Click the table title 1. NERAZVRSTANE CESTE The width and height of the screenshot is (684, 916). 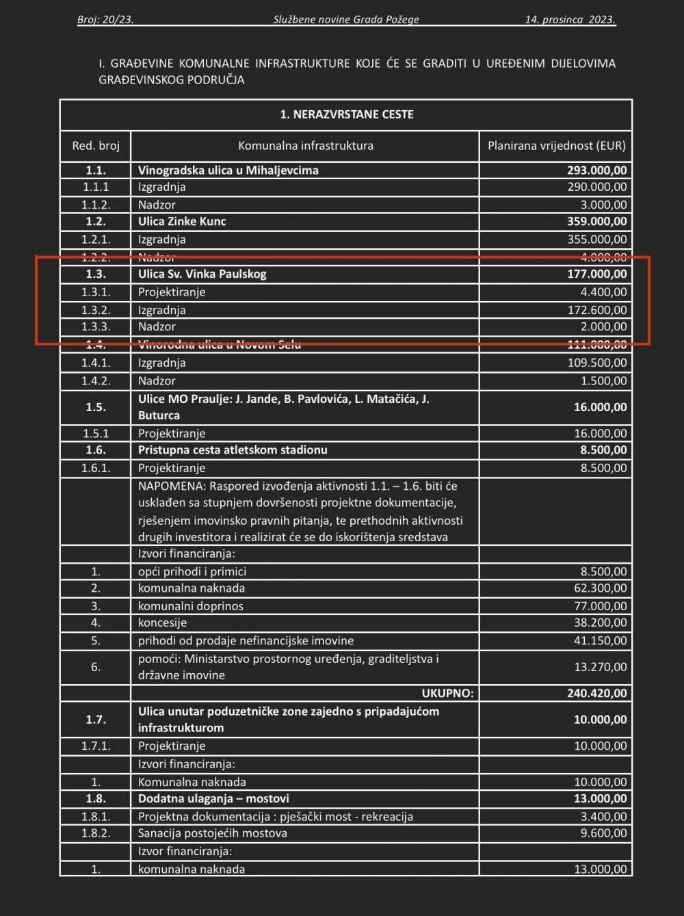tap(347, 114)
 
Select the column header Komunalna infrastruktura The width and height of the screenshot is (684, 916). tap(305, 146)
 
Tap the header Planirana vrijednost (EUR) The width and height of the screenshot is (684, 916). tap(556, 146)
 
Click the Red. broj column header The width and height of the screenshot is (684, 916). tap(96, 146)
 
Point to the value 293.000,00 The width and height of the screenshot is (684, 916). tap(596, 170)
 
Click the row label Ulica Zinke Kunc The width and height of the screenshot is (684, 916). tap(182, 221)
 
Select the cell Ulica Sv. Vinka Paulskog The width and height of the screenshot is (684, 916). tap(202, 274)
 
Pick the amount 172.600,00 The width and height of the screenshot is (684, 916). tap(596, 310)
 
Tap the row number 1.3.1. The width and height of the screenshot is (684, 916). tap(96, 292)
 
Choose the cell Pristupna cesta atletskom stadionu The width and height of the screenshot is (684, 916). tap(233, 450)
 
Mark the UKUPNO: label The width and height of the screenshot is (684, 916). tap(447, 693)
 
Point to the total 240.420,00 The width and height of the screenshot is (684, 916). tap(596, 693)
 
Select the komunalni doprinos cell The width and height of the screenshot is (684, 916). tap(191, 606)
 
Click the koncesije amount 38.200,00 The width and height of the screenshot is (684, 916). tap(600, 623)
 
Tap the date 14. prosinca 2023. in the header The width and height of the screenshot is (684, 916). tap(570, 20)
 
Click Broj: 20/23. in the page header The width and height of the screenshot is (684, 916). tap(105, 20)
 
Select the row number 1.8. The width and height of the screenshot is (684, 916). tap(96, 798)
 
